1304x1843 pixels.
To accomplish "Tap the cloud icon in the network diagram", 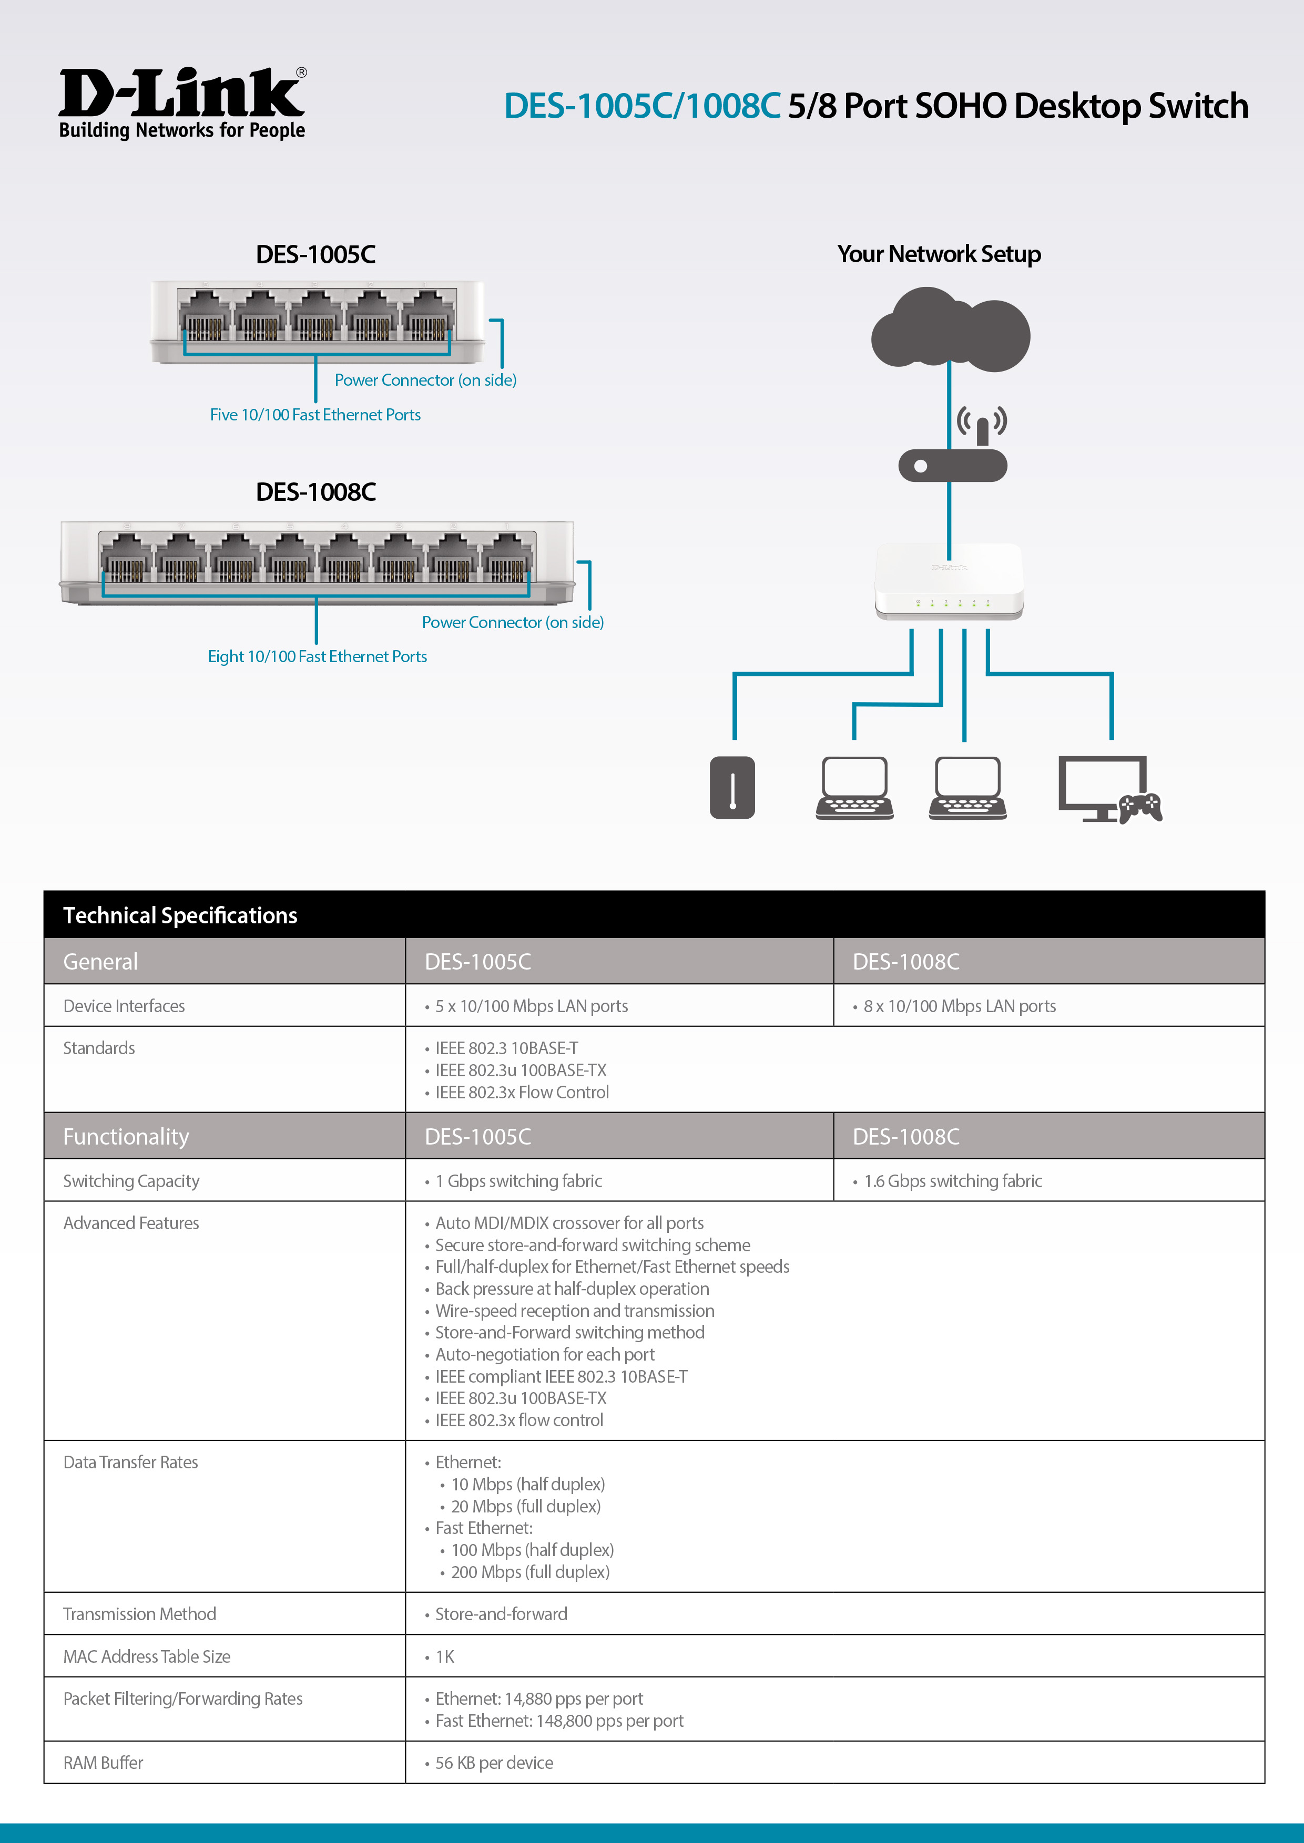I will click(950, 329).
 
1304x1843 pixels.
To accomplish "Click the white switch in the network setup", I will click(949, 581).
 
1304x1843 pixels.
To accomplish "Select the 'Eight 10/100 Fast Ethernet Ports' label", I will click(317, 656).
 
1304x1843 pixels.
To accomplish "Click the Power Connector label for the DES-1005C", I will click(425, 379).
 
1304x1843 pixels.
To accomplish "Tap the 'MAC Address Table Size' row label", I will click(147, 1656).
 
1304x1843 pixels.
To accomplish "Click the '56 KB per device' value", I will click(494, 1763).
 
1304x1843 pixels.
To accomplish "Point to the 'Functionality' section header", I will click(126, 1137).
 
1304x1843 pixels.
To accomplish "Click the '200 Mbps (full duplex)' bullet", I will click(530, 1572).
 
